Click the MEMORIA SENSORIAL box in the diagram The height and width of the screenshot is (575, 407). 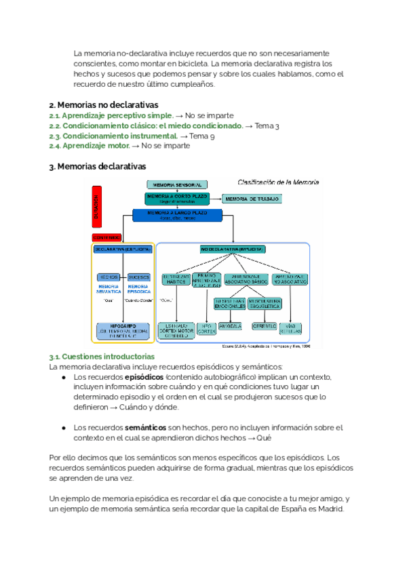click(176, 184)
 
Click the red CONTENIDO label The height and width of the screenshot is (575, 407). click(106, 237)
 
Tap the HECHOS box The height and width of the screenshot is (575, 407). click(109, 277)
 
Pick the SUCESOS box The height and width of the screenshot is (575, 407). click(138, 277)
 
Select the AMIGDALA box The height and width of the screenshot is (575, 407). click(231, 326)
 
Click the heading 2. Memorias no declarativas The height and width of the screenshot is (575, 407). click(104, 105)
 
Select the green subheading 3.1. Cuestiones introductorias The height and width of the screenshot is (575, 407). click(102, 357)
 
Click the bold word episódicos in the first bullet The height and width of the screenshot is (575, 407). click(144, 377)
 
